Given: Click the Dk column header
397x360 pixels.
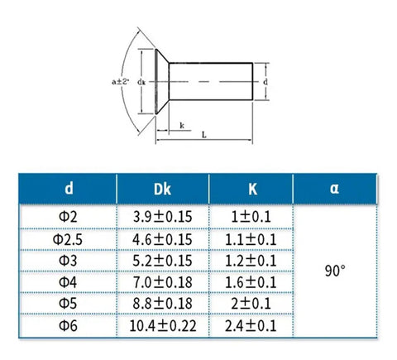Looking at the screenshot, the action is coord(162,190).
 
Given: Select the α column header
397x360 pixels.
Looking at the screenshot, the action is coord(334,189).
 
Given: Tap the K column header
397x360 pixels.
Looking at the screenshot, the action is coord(252,190).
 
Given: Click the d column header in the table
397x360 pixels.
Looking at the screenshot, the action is coord(69,189).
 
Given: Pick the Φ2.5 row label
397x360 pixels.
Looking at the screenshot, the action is coord(68,240).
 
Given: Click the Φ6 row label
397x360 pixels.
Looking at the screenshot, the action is coord(68,325).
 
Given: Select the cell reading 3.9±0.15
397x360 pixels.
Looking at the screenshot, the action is coord(162,217).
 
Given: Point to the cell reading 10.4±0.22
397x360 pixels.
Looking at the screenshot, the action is coord(163,326).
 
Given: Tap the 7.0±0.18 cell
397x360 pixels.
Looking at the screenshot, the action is coord(162,282).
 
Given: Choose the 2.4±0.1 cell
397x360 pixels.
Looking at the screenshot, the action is coord(251,326).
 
